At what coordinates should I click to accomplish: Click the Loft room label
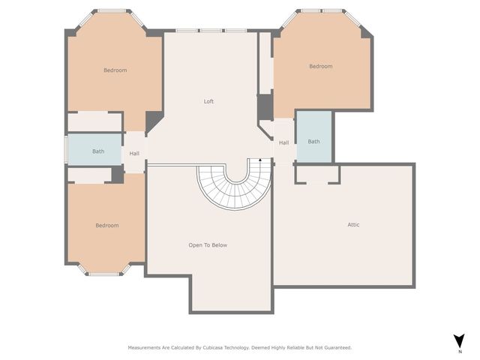208,101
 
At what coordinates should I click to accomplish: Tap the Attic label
353,225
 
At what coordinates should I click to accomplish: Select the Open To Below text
208,245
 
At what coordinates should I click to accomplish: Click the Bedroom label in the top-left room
115,70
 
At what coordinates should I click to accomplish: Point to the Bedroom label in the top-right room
321,67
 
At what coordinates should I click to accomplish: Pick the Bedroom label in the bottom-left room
107,225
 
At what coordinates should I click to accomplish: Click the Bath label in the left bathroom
98,151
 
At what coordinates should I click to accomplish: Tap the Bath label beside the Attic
313,142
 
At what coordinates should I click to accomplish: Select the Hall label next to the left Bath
134,153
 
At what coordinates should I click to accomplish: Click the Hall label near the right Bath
283,142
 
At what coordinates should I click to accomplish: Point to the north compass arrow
460,340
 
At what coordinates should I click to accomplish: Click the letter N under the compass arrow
460,352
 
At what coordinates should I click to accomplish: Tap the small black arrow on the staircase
260,160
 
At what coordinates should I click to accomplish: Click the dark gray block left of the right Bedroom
265,107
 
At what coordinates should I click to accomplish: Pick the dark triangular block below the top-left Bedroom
153,121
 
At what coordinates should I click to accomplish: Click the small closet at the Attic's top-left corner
317,175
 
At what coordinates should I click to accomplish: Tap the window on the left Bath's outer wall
65,150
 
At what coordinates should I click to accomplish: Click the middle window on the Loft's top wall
211,31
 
